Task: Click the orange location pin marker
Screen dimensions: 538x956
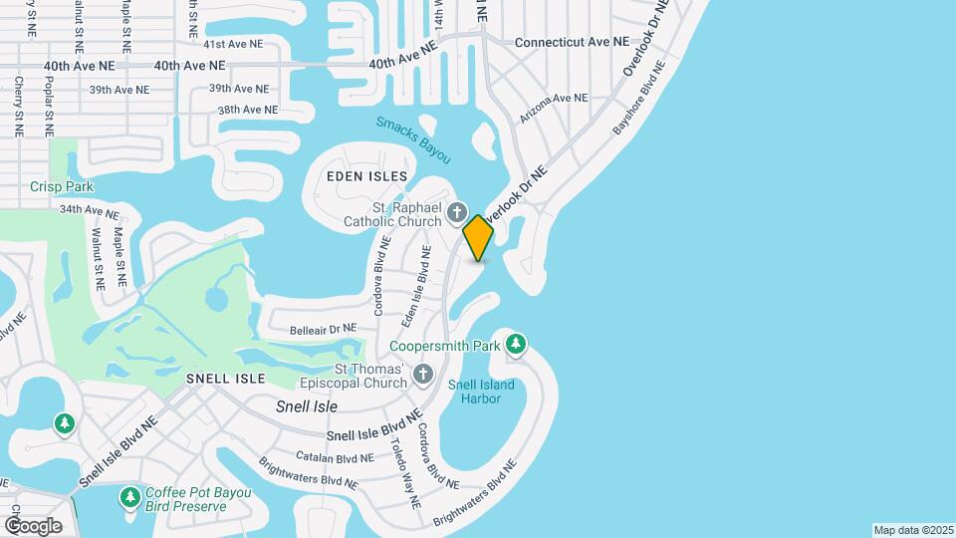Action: coord(479,237)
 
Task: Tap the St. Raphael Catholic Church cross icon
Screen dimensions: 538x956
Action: coord(457,211)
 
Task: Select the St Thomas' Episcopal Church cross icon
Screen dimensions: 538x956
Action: coord(423,375)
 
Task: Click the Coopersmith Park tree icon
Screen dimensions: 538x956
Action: coord(516,345)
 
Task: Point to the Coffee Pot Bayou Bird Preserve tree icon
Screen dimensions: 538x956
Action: coord(129,496)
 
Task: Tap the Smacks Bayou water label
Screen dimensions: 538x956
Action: coord(413,139)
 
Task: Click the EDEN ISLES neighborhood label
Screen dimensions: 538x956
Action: coord(367,176)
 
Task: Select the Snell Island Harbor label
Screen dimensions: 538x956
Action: coord(481,392)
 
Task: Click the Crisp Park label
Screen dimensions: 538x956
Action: coord(61,186)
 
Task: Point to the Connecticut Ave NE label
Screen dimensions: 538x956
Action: coord(572,43)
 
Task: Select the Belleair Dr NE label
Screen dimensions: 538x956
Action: coord(322,328)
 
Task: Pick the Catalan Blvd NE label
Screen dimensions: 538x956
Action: coord(335,457)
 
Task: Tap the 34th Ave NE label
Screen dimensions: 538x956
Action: coord(89,211)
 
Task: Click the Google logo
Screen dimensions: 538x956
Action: coord(33,525)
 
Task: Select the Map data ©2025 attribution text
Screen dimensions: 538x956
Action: coord(912,530)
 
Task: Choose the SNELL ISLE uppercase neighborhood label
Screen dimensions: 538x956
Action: coord(226,379)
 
